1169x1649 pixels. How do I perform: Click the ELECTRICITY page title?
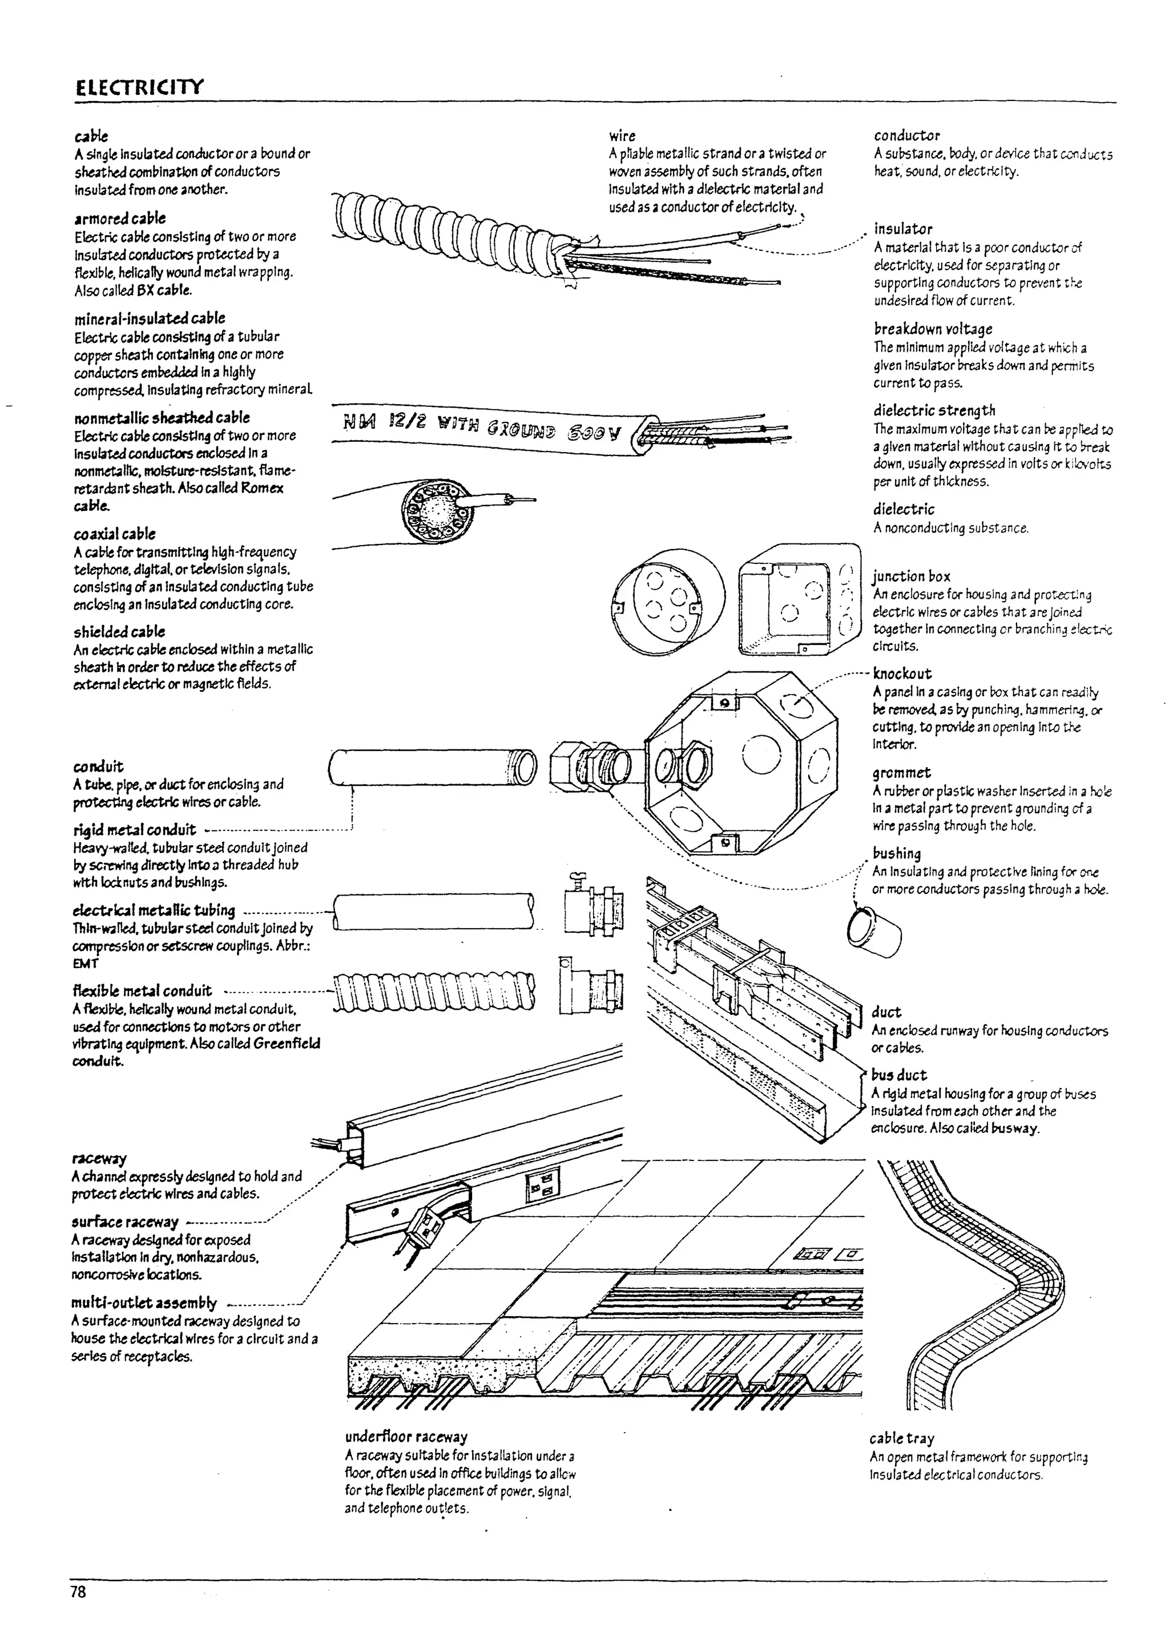tap(139, 87)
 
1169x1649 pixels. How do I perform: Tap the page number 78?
tap(78, 1591)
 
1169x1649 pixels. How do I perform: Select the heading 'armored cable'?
tap(119, 218)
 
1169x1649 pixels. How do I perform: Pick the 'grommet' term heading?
tap(901, 772)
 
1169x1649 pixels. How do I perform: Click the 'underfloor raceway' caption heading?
tap(406, 1437)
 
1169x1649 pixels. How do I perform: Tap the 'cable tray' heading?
tap(901, 1438)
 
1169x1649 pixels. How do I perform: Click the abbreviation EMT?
tap(85, 963)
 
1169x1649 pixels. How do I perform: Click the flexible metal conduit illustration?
tap(434, 991)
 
